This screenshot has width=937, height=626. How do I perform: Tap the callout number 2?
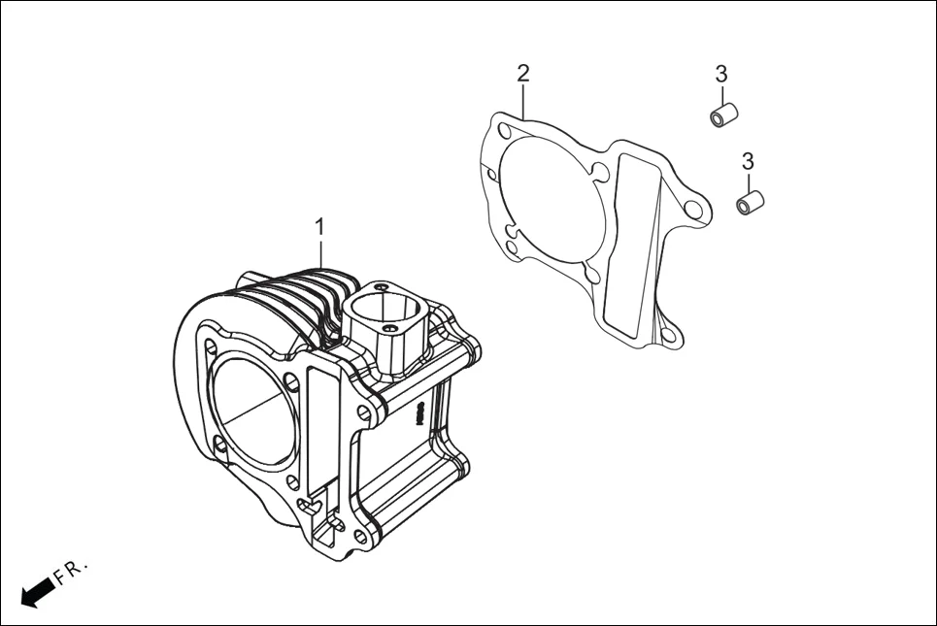coord(523,73)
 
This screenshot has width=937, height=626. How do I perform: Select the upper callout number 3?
coord(720,74)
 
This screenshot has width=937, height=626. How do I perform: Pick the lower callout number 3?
coord(748,160)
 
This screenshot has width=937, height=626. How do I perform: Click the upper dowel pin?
coord(723,116)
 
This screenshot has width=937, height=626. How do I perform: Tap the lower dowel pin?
coord(750,204)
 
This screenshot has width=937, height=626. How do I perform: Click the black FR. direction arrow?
coord(37,591)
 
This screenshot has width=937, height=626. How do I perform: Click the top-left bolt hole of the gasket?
coord(503,131)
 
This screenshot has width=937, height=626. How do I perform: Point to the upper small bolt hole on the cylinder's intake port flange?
coord(384,287)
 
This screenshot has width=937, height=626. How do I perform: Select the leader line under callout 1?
coord(319,254)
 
